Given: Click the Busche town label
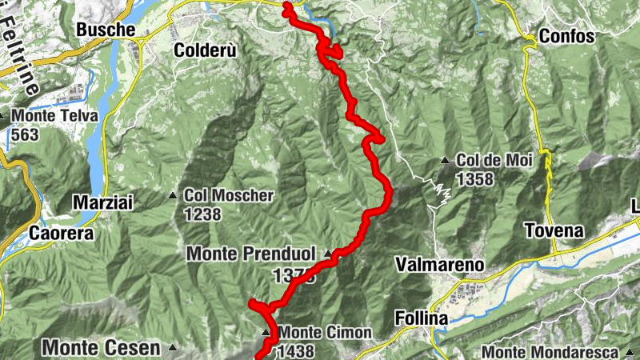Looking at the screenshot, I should [x=105, y=30].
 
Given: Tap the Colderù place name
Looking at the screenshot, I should [x=205, y=50].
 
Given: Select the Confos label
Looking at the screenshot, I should [x=566, y=36].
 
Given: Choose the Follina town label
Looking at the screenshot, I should [x=422, y=318].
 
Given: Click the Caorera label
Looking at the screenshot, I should [x=61, y=234].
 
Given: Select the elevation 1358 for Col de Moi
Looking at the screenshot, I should [x=475, y=179].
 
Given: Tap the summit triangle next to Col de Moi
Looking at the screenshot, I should [x=445, y=161].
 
